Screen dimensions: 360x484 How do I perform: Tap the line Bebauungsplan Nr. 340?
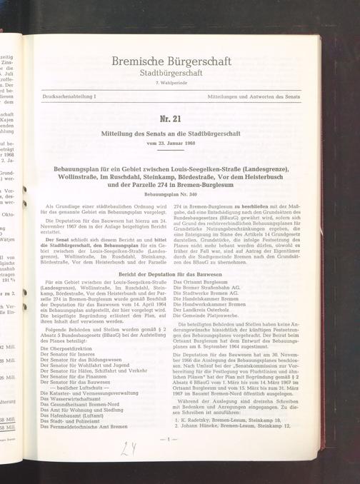(x=171, y=193)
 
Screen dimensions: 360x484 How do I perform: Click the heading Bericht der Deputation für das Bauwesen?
(x=171, y=275)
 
